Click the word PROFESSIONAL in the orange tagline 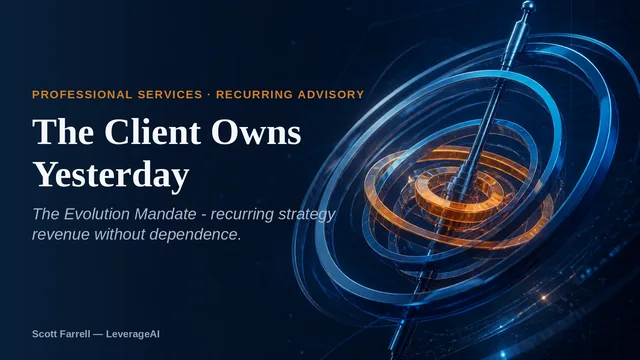(82, 95)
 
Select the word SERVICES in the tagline (170, 95)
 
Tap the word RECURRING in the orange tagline (254, 95)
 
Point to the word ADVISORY (331, 95)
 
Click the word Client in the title (153, 132)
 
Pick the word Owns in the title (256, 132)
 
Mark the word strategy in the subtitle (307, 215)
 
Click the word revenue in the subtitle (61, 235)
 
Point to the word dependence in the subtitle (193, 234)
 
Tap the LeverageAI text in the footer (133, 334)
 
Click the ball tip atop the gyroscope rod (527, 6)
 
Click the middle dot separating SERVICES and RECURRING (209, 95)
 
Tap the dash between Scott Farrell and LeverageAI (98, 334)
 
